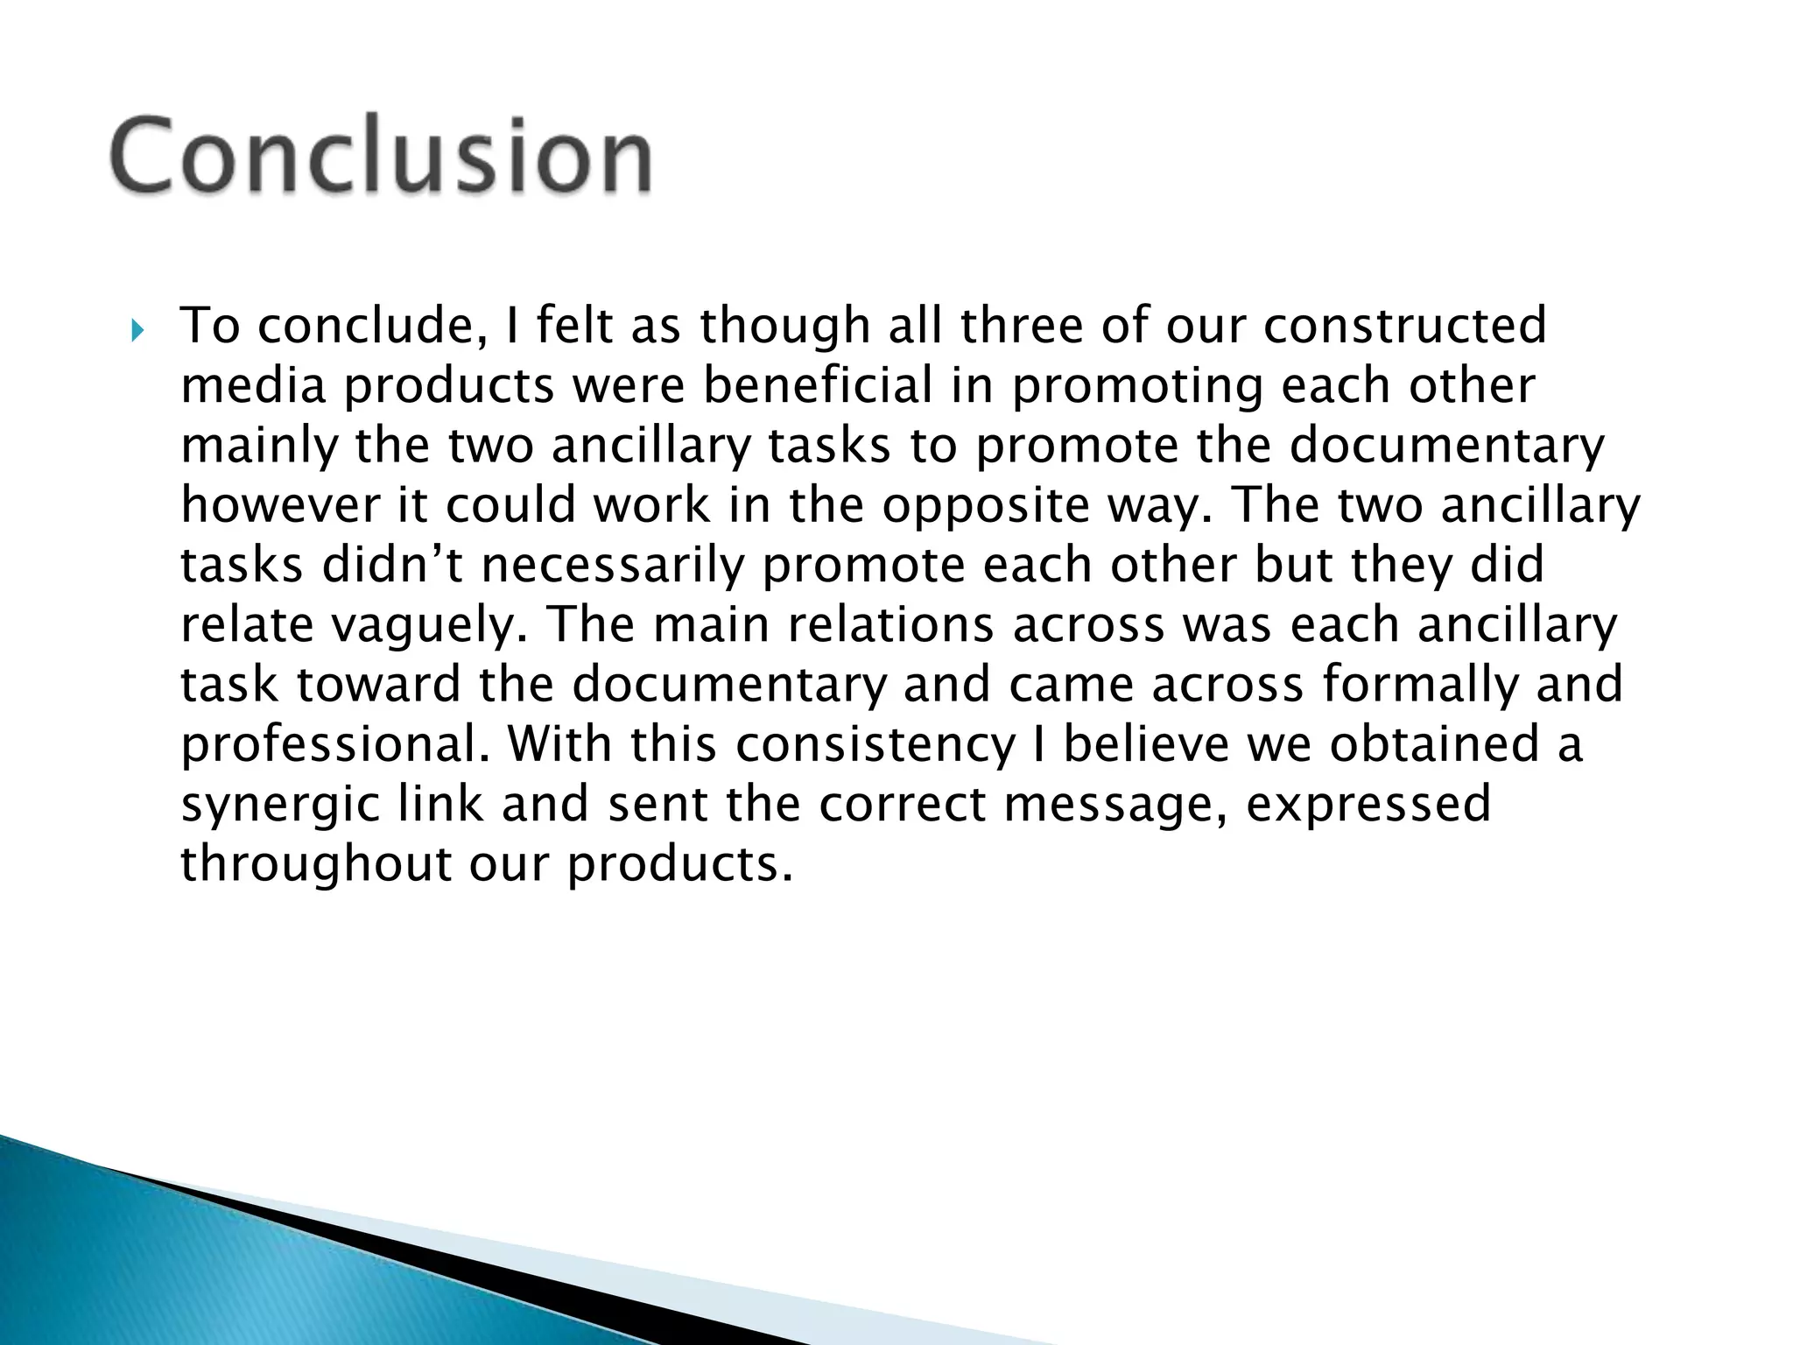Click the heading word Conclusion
click(x=381, y=156)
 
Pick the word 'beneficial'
click(x=818, y=385)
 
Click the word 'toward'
click(x=378, y=685)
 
